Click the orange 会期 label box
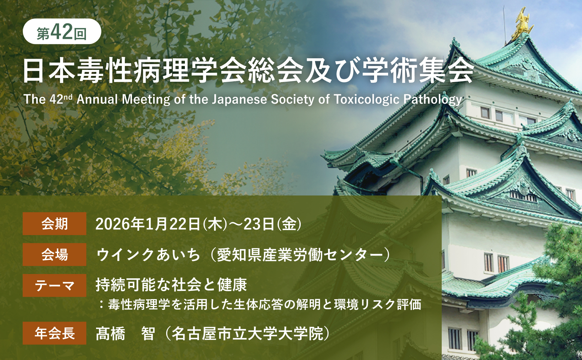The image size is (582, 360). coord(54,224)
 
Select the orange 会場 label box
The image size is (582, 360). coord(54,255)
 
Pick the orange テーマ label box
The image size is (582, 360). coord(54,285)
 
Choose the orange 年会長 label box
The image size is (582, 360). coord(54,333)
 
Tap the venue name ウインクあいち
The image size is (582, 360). coord(148,255)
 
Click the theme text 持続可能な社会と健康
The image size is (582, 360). coord(171,285)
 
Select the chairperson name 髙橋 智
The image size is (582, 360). coord(125,334)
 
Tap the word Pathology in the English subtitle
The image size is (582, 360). coord(433,99)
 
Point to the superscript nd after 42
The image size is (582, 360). coord(68,96)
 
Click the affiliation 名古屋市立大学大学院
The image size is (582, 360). coord(247,334)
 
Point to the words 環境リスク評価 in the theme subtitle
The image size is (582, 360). coord(377,305)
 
